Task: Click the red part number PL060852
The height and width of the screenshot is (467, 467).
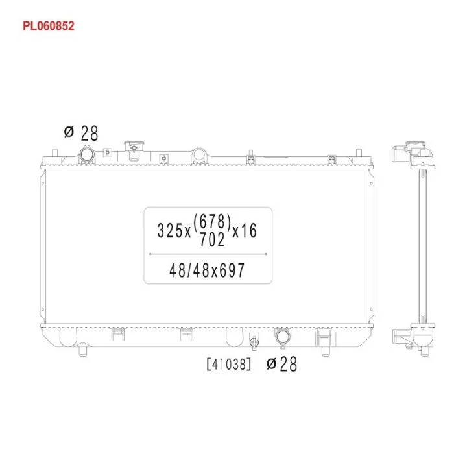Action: coord(48,26)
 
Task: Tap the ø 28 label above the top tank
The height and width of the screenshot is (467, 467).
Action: coord(80,134)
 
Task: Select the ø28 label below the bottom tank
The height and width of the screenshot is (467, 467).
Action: coord(281,364)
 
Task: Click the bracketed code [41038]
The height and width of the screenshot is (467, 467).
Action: coord(229,364)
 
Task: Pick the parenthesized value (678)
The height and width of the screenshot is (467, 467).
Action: coord(212,222)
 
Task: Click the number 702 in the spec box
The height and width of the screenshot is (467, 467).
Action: coord(212,239)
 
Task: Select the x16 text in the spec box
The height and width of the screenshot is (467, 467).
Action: coord(245,231)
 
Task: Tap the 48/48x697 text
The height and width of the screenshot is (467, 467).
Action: coord(207,270)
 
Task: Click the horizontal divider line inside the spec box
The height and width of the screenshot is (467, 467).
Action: coord(208,254)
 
